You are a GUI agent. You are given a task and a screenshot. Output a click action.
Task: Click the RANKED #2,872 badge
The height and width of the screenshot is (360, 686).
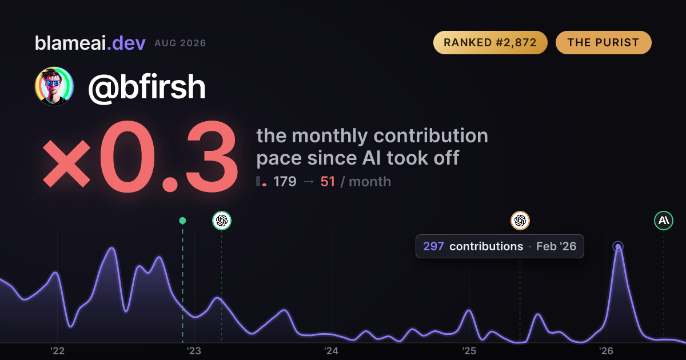pyautogui.click(x=490, y=42)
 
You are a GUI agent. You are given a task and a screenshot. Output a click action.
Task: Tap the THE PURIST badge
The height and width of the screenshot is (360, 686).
pyautogui.click(x=603, y=42)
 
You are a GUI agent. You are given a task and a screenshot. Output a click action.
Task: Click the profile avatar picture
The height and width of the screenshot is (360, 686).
pyautogui.click(x=54, y=86)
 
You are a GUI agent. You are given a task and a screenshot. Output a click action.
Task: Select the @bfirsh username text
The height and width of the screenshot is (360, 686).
pyautogui.click(x=147, y=87)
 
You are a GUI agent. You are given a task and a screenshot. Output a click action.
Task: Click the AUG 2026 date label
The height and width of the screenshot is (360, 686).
pyautogui.click(x=180, y=43)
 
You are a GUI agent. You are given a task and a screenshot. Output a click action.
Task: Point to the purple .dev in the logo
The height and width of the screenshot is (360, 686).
pyautogui.click(x=126, y=43)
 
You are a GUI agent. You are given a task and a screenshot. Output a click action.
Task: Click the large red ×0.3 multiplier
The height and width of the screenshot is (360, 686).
pyautogui.click(x=140, y=157)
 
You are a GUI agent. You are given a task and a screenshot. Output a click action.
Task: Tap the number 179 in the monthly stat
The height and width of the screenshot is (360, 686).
pyautogui.click(x=285, y=182)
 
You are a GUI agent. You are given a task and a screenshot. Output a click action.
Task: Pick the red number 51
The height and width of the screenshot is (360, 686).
pyautogui.click(x=328, y=182)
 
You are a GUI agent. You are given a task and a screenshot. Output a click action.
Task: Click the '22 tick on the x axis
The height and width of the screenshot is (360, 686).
pyautogui.click(x=57, y=351)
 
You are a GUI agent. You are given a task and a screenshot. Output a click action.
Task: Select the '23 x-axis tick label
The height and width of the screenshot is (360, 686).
pyautogui.click(x=194, y=351)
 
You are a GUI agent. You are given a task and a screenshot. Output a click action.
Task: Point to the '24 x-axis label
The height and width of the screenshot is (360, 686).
pyautogui.click(x=332, y=351)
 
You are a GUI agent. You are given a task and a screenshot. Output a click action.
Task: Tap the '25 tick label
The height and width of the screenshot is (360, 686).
pyautogui.click(x=469, y=351)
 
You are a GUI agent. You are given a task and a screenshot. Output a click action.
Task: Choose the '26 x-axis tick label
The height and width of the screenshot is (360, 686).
pyautogui.click(x=606, y=351)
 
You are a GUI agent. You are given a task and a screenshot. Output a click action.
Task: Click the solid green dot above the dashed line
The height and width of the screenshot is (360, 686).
pyautogui.click(x=182, y=221)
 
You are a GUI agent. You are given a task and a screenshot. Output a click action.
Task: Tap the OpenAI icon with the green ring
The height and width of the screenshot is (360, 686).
pyautogui.click(x=222, y=221)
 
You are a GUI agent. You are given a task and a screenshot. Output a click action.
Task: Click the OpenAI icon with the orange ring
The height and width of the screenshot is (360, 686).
pyautogui.click(x=520, y=221)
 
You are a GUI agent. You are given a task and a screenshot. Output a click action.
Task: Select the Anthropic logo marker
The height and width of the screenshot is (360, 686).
pyautogui.click(x=664, y=221)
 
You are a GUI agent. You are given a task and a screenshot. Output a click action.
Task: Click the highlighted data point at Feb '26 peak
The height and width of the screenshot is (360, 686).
pyautogui.click(x=618, y=246)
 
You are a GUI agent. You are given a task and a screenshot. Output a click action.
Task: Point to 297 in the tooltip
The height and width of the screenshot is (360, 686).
pyautogui.click(x=433, y=246)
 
